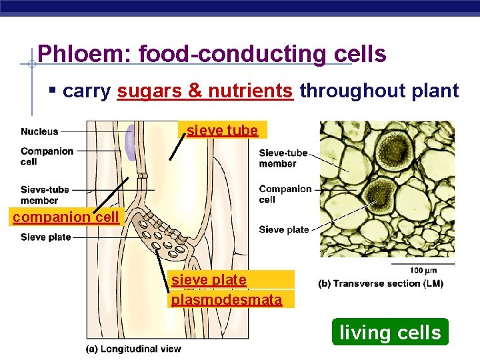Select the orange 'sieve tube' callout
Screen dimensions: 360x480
pyautogui.click(x=223, y=130)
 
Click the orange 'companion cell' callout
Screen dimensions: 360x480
pyautogui.click(x=65, y=217)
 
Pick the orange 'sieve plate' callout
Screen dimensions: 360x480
pyautogui.click(x=209, y=280)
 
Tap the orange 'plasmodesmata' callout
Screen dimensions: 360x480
pyautogui.click(x=227, y=300)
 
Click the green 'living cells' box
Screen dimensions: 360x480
pyautogui.click(x=390, y=332)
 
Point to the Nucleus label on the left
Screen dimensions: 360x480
pyautogui.click(x=39, y=131)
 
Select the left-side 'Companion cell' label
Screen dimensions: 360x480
pyautogui.click(x=47, y=156)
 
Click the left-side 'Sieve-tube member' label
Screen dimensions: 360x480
pyautogui.click(x=45, y=195)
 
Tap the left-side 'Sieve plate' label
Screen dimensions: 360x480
pyautogui.click(x=45, y=237)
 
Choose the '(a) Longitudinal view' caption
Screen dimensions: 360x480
pyautogui.click(x=133, y=349)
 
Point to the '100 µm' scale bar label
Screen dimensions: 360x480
pyautogui.click(x=423, y=270)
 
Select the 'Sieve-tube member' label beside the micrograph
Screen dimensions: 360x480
pyautogui.click(x=283, y=158)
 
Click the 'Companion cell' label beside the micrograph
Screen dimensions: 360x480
pyautogui.click(x=285, y=194)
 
